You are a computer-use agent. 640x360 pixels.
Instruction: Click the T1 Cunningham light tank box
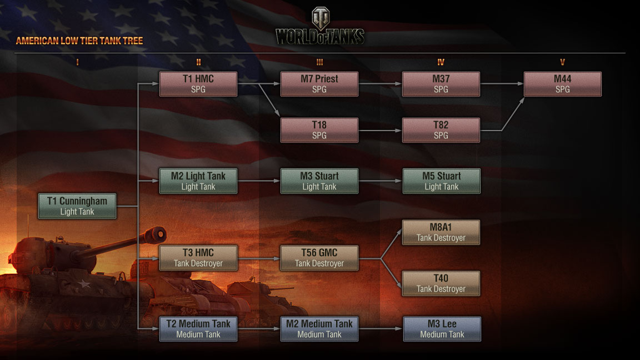(x=77, y=206)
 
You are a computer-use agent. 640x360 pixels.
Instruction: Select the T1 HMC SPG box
(x=198, y=84)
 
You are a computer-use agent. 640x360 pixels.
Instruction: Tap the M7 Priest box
(x=319, y=84)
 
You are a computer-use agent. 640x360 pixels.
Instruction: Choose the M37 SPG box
(x=441, y=84)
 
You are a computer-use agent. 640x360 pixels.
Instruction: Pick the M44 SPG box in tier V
(x=562, y=84)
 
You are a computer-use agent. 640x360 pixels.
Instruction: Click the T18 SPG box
(x=319, y=130)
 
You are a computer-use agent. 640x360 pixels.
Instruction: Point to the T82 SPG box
(x=441, y=130)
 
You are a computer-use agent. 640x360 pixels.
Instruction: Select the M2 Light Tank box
(x=198, y=181)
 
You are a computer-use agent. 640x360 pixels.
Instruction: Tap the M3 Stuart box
(x=319, y=181)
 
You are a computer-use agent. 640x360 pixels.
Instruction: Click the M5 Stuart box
(x=441, y=181)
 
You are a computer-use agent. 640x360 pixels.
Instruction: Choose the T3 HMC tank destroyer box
(x=198, y=258)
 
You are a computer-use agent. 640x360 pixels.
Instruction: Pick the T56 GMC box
(x=319, y=258)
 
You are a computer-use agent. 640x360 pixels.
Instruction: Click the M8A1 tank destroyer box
(x=441, y=232)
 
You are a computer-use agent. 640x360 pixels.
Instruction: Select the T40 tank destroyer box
(x=441, y=283)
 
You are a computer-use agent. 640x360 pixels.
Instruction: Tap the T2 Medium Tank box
(x=198, y=329)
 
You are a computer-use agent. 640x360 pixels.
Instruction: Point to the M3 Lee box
(x=442, y=329)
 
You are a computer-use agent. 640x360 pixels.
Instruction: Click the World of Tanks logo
(x=320, y=28)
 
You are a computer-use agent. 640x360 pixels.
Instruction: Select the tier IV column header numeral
(x=441, y=63)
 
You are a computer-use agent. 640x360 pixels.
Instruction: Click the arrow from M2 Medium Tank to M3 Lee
(x=381, y=329)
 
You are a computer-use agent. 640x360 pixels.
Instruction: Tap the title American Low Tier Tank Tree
(x=79, y=41)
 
